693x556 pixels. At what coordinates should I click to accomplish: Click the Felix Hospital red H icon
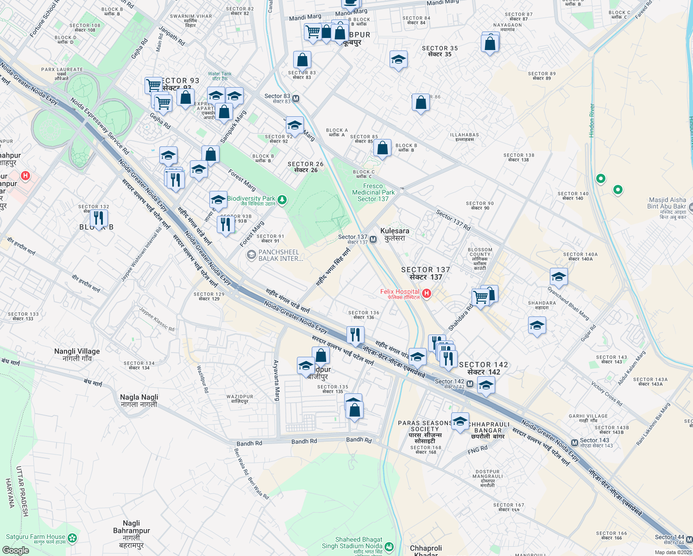click(x=427, y=293)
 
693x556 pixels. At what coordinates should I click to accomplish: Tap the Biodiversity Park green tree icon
click(x=282, y=200)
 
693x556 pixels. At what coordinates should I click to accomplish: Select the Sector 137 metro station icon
click(x=373, y=240)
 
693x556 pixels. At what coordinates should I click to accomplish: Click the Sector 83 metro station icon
click(x=296, y=99)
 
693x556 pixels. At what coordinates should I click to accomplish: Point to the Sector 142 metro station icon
click(x=470, y=384)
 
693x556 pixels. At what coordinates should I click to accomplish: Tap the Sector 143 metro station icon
click(x=574, y=442)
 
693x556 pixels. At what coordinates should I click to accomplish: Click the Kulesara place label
click(x=394, y=234)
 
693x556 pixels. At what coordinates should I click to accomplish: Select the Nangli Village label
click(x=77, y=354)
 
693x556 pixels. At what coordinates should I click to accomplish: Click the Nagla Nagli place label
click(x=139, y=400)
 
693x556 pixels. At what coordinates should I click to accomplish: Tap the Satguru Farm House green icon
click(x=72, y=538)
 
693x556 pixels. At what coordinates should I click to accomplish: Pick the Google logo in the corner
click(x=15, y=550)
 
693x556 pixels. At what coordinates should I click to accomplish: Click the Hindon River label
click(x=592, y=120)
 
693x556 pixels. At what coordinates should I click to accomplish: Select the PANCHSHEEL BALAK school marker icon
click(x=251, y=254)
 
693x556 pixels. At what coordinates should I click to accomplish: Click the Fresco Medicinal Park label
click(x=373, y=192)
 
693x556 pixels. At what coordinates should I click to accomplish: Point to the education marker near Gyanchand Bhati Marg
click(x=558, y=277)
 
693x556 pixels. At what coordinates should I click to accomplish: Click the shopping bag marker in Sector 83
click(x=302, y=60)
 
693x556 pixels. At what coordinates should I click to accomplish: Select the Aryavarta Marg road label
click(x=277, y=380)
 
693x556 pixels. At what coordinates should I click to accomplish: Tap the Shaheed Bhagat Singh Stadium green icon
click(x=389, y=547)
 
